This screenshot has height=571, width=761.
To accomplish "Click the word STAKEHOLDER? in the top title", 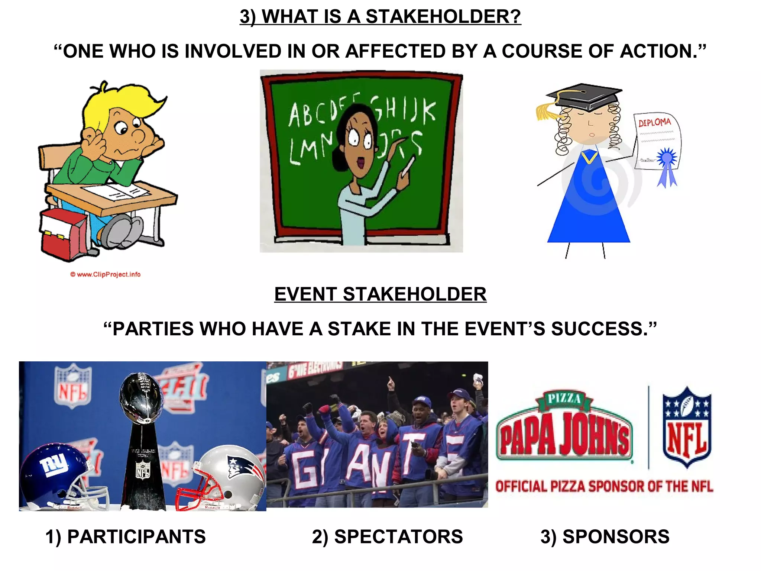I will [x=443, y=17].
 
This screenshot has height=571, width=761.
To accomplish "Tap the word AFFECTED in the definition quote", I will [x=395, y=51].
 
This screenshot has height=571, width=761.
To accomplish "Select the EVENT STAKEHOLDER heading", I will [x=380, y=294].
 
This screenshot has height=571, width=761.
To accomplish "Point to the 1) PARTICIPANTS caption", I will [x=125, y=537].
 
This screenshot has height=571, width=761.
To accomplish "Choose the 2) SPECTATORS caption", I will [x=387, y=537].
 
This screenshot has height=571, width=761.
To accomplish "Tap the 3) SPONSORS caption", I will [x=605, y=537].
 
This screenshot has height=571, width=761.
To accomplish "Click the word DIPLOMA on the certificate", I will [x=655, y=122].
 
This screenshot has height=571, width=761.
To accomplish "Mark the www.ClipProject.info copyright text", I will [x=106, y=274].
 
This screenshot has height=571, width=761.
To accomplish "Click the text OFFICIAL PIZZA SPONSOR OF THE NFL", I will [x=604, y=486].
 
